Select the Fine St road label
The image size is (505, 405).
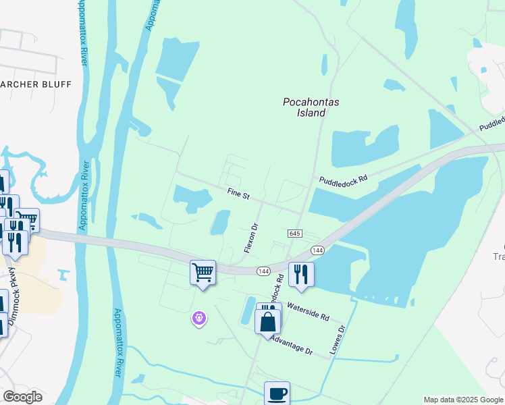click(x=238, y=194)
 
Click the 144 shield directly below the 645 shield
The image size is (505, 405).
click(x=318, y=250)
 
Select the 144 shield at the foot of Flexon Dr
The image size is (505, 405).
click(x=263, y=271)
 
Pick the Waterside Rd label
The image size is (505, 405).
click(x=308, y=312)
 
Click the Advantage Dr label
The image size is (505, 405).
click(x=291, y=346)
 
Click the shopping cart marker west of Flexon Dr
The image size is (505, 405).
click(x=203, y=272)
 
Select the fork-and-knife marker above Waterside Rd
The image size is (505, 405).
click(x=301, y=274)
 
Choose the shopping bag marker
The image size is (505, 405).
click(x=268, y=321)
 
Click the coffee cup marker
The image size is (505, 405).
click(x=277, y=394)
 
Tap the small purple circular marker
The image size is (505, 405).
click(x=198, y=317)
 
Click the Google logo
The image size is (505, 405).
click(x=23, y=397)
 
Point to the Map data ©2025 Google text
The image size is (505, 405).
click(x=463, y=400)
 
